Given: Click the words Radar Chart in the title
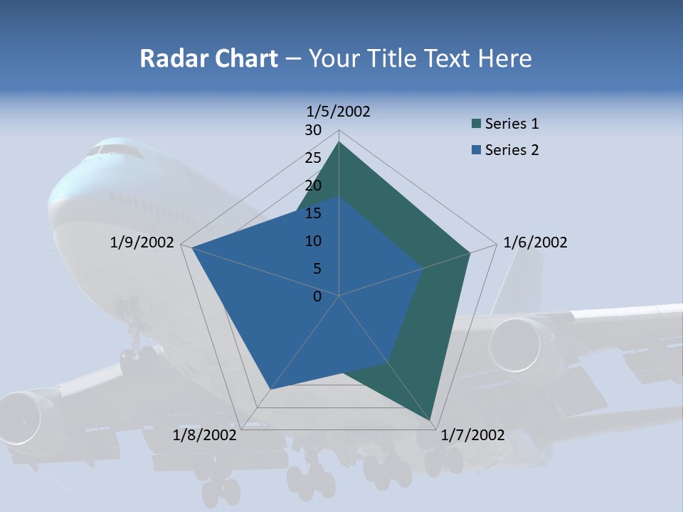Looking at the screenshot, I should [208, 58].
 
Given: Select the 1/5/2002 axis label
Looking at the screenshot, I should [339, 111].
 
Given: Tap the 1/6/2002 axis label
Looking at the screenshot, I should [535, 242].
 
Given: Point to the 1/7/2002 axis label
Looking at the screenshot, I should [473, 435].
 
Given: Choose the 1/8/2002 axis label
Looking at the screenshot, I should [205, 435].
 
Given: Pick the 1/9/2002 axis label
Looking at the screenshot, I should [142, 242].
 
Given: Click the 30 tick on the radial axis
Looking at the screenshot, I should [313, 130].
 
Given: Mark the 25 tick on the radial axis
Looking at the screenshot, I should [313, 158].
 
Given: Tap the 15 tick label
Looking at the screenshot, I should [313, 213].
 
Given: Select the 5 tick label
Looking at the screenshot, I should [317, 269].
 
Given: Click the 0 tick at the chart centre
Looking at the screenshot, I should [317, 296].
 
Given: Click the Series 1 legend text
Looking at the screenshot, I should [512, 124].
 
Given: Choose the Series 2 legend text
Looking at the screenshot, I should [512, 150].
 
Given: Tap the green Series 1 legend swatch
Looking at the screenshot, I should [476, 124].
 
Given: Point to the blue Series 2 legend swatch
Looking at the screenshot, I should [476, 150].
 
